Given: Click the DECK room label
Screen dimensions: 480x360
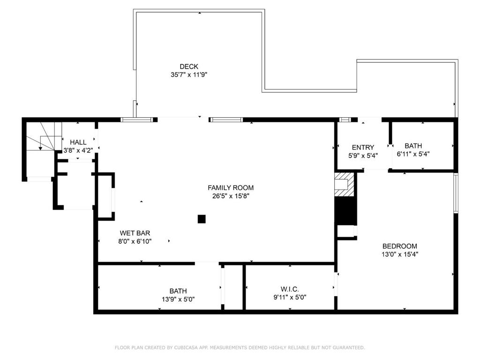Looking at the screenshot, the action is click(x=189, y=67).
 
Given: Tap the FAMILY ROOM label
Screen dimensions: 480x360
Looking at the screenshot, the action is click(x=231, y=187).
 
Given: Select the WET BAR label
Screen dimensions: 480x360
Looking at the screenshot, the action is click(x=135, y=233).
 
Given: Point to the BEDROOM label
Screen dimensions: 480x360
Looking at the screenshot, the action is click(x=400, y=246).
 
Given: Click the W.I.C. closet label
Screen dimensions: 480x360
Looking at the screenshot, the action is click(x=290, y=289).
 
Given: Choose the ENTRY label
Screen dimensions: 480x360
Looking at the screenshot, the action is click(x=363, y=148).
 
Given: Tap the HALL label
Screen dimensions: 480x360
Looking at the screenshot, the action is click(x=78, y=142).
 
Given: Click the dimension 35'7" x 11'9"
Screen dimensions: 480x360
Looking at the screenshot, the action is click(x=189, y=75).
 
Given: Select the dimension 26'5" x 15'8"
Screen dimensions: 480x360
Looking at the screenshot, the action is click(x=231, y=196).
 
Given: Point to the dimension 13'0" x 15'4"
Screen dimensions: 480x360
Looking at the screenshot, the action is click(x=400, y=254).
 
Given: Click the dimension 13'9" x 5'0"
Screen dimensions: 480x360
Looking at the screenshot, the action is click(x=178, y=299).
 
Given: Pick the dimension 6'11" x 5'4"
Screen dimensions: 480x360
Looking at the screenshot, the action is click(x=413, y=154).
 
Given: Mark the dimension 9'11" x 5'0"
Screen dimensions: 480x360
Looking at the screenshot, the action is click(x=290, y=297).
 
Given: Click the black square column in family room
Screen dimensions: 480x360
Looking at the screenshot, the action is click(x=202, y=219).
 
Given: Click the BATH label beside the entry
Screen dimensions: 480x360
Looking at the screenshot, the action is click(x=413, y=146).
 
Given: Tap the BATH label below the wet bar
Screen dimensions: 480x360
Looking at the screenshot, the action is click(x=178, y=291).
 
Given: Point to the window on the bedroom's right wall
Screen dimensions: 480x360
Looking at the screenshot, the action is click(x=456, y=193).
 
